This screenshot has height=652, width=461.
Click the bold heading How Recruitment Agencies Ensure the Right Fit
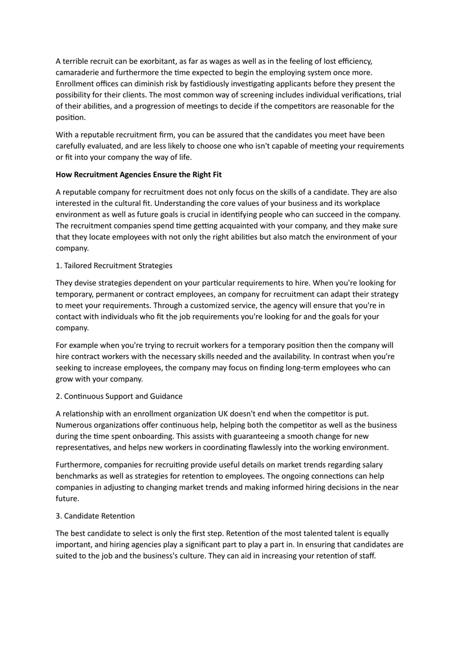139,175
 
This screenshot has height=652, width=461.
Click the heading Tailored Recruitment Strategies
118,266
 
